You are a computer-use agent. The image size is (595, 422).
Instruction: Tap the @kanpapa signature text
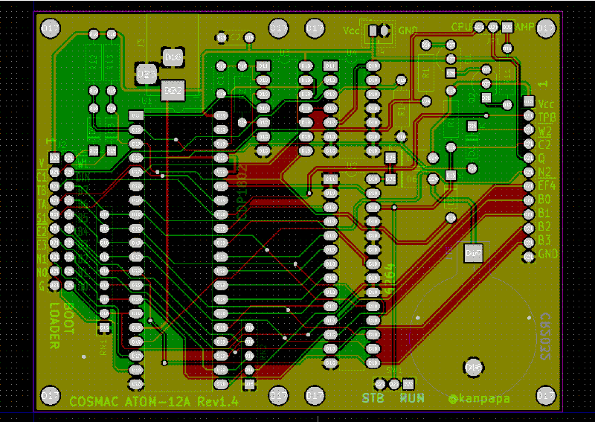(x=480, y=399)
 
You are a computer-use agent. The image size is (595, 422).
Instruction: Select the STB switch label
(x=373, y=397)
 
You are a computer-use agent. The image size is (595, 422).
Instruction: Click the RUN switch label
(x=411, y=397)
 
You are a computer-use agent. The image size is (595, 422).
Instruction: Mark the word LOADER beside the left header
(x=54, y=325)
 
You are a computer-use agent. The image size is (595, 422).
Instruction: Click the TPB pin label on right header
(x=546, y=118)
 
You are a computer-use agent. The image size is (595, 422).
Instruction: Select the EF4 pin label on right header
(x=546, y=185)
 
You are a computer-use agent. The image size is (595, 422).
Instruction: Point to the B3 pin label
(x=545, y=240)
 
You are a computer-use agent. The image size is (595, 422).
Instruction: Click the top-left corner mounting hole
(x=50, y=28)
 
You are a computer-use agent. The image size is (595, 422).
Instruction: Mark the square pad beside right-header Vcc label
(x=529, y=101)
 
